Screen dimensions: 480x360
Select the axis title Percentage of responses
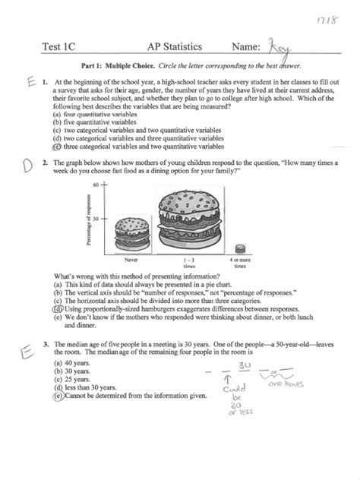(x=87, y=219)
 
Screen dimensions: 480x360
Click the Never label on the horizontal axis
(x=130, y=261)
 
